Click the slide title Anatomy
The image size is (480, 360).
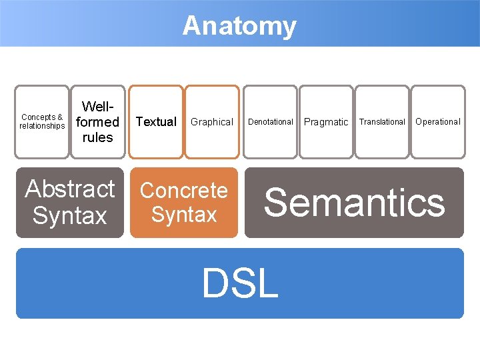239,26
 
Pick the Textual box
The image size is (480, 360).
155,122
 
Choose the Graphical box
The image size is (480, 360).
212,122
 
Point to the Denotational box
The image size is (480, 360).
271,122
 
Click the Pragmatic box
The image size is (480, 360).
326,122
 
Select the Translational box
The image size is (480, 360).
382,122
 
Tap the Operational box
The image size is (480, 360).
438,122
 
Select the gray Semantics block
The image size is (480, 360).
354,203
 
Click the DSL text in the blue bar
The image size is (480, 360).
239,283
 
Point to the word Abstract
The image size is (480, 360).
70,189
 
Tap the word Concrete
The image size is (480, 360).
184,190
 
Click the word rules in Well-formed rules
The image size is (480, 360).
97,137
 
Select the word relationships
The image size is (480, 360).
42,126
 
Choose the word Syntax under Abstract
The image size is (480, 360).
70,216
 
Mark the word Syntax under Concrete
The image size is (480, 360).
184,215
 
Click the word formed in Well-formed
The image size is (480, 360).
97,122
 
